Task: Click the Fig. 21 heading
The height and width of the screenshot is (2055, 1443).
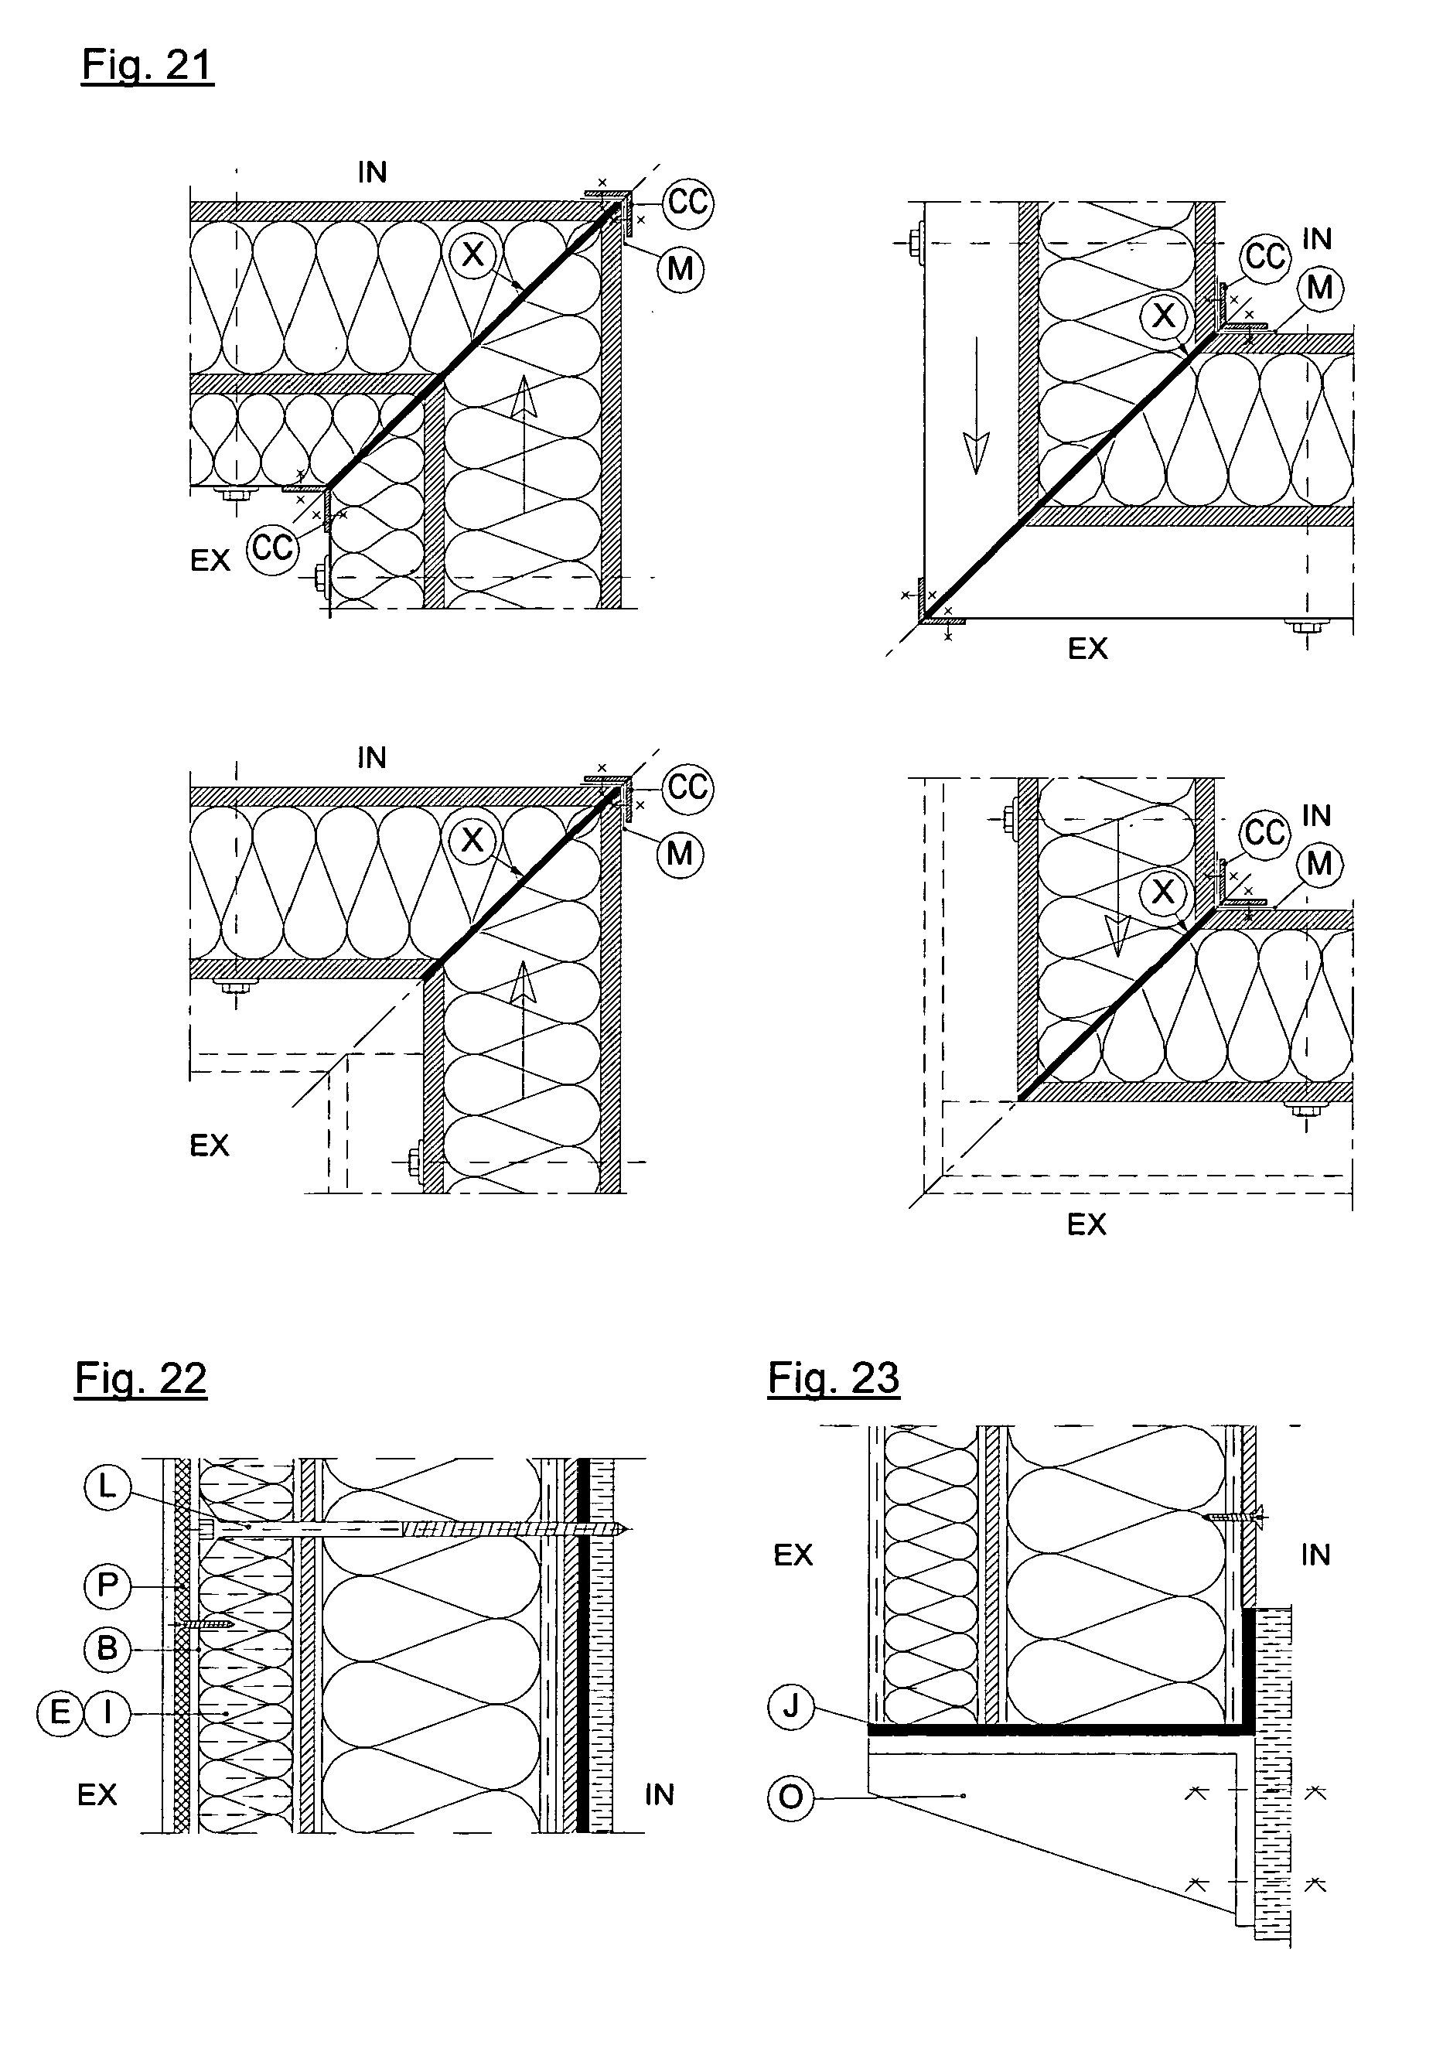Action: (x=148, y=65)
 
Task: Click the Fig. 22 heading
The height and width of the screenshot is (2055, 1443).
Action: (x=141, y=1377)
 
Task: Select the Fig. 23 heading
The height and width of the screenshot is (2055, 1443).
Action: (x=834, y=1377)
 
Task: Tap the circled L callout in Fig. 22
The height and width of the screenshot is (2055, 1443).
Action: (x=107, y=1487)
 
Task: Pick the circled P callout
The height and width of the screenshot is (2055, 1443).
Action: (x=107, y=1586)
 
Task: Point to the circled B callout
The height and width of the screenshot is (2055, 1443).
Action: (x=107, y=1649)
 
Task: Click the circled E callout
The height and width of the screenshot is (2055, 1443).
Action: (x=60, y=1713)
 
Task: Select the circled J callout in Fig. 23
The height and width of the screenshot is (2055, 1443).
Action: (x=791, y=1707)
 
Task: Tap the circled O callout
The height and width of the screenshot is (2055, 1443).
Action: (x=791, y=1797)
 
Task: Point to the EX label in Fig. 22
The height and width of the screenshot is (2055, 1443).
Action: (x=97, y=1794)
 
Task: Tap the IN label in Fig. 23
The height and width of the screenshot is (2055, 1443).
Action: (x=1315, y=1555)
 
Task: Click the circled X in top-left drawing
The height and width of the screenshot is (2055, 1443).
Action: (x=472, y=254)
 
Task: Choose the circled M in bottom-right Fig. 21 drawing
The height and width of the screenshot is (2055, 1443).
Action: (x=1319, y=864)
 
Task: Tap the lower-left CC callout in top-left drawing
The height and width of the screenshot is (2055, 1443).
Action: (x=272, y=546)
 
